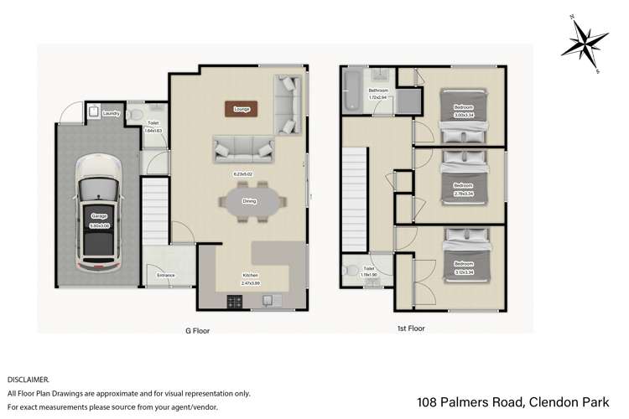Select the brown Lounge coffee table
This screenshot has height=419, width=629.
(x=242, y=108)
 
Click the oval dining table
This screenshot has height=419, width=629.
(x=249, y=201)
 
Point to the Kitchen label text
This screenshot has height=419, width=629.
(x=251, y=275)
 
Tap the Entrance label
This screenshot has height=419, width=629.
(x=165, y=275)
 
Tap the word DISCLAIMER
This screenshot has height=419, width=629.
(x=29, y=379)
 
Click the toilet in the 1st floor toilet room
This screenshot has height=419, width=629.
(x=351, y=272)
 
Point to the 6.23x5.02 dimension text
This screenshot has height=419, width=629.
(x=244, y=174)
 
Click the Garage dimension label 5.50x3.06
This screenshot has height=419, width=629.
(x=98, y=221)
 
